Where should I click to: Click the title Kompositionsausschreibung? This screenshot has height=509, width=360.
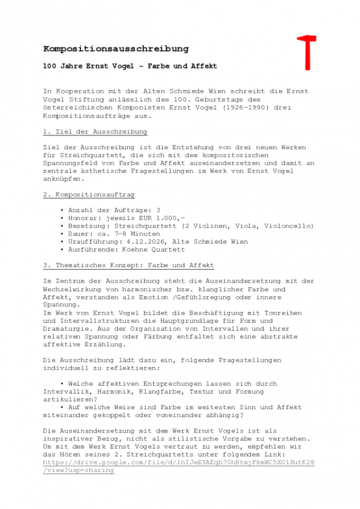coord(116,49)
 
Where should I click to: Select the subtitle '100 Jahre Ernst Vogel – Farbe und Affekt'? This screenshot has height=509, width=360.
coord(130,67)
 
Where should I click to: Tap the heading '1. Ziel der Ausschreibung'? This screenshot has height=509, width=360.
coord(95,132)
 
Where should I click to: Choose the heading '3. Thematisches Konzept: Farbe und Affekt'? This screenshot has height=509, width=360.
coord(128,265)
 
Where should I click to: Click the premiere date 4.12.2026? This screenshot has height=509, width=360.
coord(152,241)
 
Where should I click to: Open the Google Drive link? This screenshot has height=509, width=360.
coord(178,463)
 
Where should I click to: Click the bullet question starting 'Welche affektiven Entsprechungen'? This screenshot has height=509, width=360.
coord(172,384)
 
